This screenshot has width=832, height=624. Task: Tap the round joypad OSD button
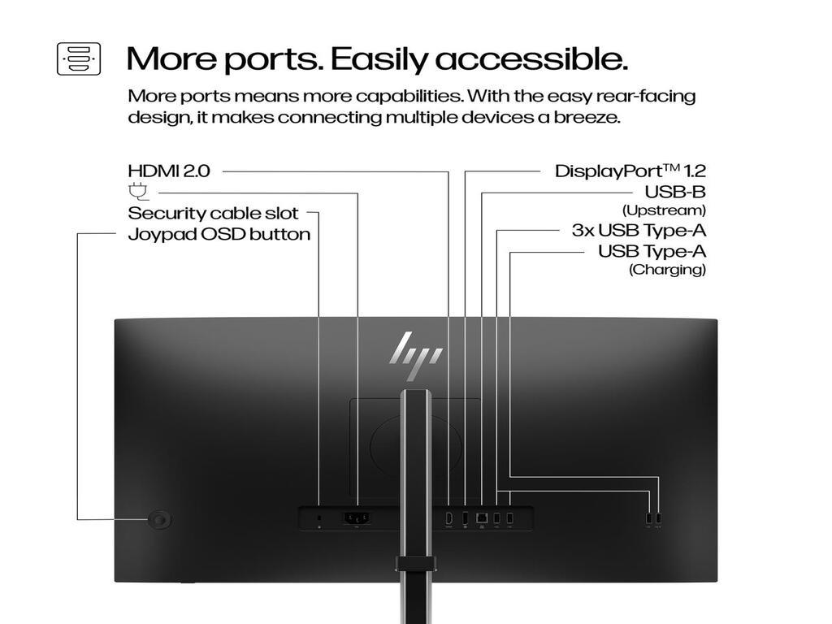coord(160,520)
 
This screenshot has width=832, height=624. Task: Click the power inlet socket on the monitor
coord(357,518)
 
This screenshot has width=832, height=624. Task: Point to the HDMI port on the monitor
coord(448,518)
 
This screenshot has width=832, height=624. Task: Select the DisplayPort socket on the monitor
coord(466,518)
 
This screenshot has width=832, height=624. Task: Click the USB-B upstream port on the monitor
coord(482,517)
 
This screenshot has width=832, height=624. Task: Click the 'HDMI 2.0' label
coord(169,171)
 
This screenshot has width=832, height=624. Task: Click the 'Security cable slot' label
coord(214,214)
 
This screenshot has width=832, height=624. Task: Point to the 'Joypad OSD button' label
coord(219,235)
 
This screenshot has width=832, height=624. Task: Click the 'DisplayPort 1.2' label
coord(630,171)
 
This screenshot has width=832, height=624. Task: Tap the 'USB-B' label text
coord(674,193)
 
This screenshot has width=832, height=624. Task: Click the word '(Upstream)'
coord(663,210)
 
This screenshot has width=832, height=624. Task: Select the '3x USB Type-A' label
coord(639,230)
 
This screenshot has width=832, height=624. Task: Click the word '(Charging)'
coord(667,270)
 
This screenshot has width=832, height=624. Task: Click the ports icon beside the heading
coord(79,59)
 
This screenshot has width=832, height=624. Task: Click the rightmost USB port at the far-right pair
coord(659,518)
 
